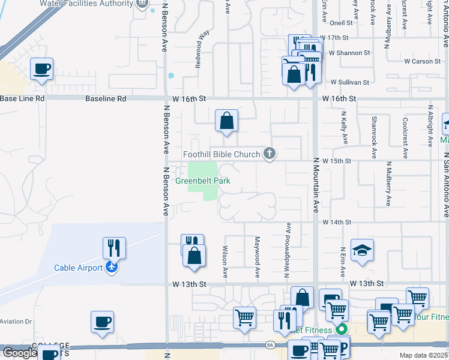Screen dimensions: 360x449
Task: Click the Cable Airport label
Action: pos(77,268)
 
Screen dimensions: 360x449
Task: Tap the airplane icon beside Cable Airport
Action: pos(112,268)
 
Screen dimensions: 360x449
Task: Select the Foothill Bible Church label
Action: pos(221,154)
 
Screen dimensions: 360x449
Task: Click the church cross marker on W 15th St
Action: pos(270,154)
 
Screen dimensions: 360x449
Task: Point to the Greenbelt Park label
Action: pos(203,181)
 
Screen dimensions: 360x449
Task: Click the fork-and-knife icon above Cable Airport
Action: pos(113,247)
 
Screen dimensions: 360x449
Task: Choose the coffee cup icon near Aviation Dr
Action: pos(102,321)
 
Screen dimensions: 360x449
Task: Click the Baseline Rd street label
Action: pos(106,98)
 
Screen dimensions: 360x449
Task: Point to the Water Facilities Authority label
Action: pos(86,4)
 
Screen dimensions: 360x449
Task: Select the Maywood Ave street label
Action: pos(257,263)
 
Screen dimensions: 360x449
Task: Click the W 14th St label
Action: pos(336,222)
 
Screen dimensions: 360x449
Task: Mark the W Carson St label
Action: pos(423,61)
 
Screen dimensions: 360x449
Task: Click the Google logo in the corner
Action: pos(19,353)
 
